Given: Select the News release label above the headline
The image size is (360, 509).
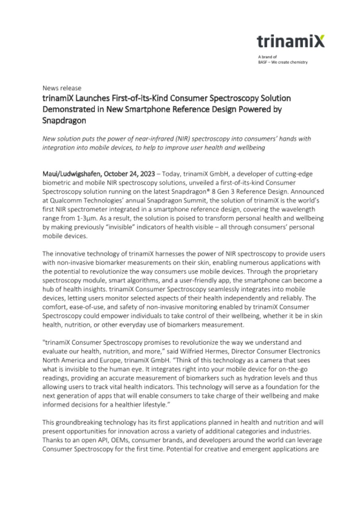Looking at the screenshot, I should click(x=62, y=88).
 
